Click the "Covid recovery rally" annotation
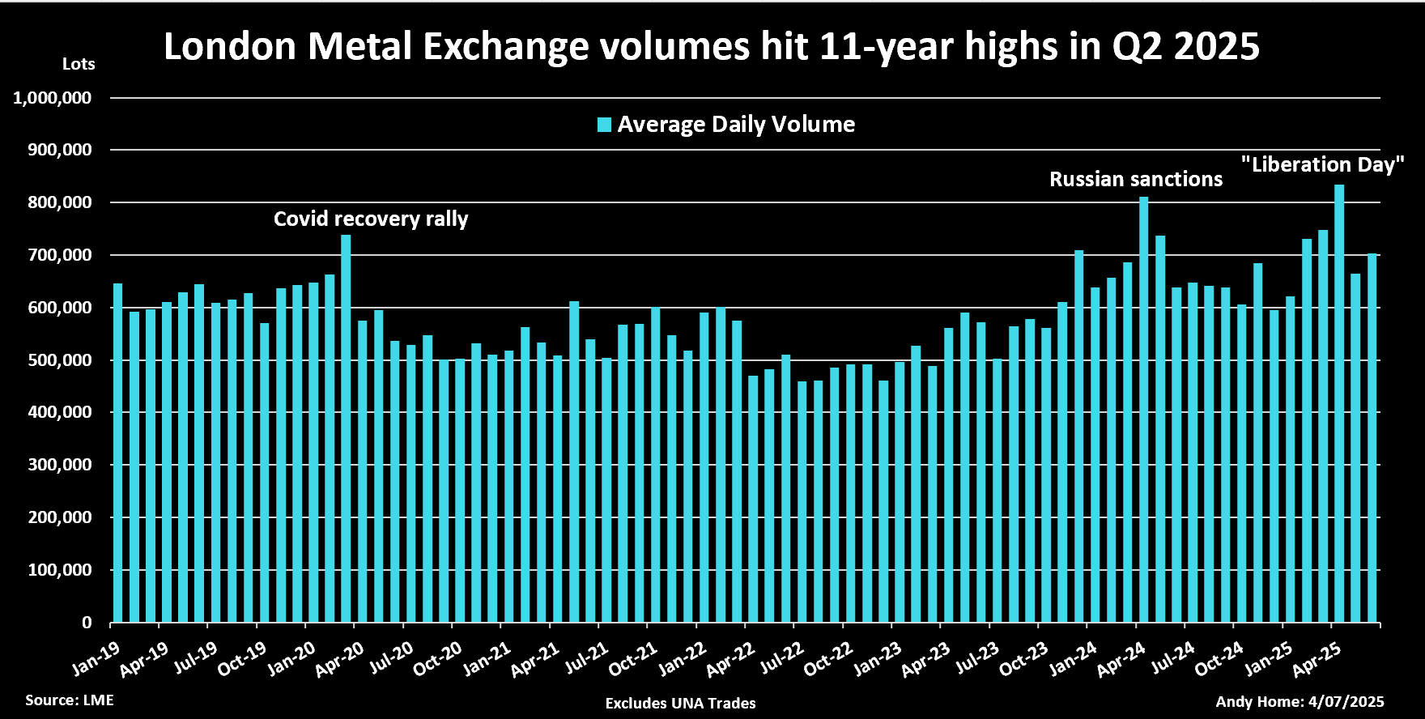(x=371, y=219)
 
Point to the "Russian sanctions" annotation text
(x=1136, y=179)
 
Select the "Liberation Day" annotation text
(x=1323, y=164)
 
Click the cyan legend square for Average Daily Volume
(x=604, y=125)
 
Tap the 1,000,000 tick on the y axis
(x=53, y=98)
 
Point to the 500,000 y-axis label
(x=60, y=360)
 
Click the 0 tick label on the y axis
(x=87, y=623)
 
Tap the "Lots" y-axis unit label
(x=79, y=64)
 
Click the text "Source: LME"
(x=70, y=700)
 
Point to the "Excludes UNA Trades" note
(x=680, y=703)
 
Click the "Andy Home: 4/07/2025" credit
(x=1300, y=701)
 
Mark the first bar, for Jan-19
(x=117, y=453)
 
